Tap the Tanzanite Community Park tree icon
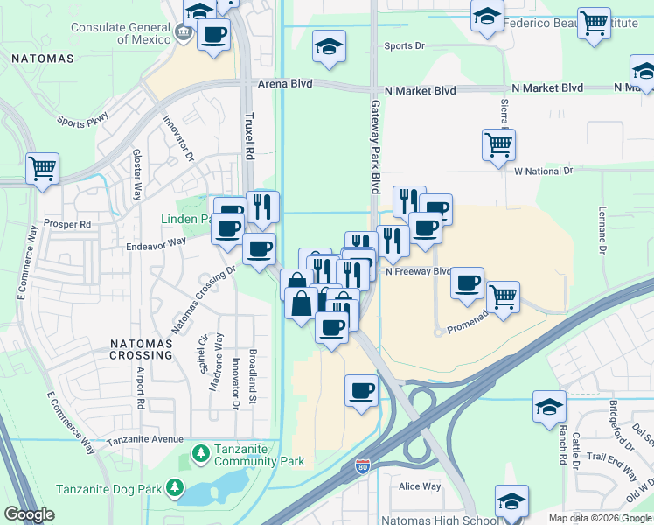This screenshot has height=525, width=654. (200, 453)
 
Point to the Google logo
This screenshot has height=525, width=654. (29, 514)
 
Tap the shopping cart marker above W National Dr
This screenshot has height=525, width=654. (498, 144)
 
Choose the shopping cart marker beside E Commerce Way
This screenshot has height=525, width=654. (42, 168)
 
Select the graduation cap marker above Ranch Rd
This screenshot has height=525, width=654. (549, 406)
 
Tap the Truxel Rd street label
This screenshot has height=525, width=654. (248, 136)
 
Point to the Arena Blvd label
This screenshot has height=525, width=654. (285, 84)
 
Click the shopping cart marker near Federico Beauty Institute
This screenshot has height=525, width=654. (595, 24)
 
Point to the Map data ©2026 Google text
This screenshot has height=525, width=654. (599, 518)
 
